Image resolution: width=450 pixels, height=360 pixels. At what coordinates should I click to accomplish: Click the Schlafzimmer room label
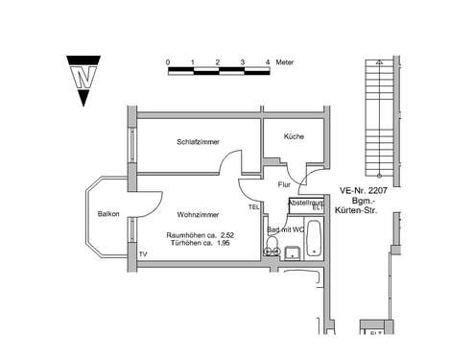tap(198, 142)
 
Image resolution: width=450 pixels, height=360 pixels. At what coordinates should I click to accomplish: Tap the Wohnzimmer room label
tap(198, 215)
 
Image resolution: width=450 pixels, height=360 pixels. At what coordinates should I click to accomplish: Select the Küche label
tap(294, 137)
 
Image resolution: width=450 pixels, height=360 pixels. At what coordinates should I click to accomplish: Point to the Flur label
tap(284, 183)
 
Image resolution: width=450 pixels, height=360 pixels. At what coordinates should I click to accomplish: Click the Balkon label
tap(107, 214)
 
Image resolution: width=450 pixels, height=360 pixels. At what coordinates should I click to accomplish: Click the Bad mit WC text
tap(286, 231)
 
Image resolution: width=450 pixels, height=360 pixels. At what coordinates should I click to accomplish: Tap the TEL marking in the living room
tap(254, 207)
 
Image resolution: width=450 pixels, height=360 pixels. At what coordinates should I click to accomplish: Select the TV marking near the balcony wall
tap(143, 253)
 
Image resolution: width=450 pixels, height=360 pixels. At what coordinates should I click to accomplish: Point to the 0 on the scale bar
tap(168, 61)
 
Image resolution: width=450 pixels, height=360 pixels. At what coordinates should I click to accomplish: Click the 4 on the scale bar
tap(267, 61)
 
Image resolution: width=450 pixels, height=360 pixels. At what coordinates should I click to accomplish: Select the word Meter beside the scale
tap(286, 61)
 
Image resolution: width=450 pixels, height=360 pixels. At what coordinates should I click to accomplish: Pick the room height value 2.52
tap(226, 234)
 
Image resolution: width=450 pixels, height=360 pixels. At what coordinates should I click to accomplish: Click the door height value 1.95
tap(223, 243)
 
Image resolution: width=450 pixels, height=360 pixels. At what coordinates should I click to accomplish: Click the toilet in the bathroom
tap(271, 252)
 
